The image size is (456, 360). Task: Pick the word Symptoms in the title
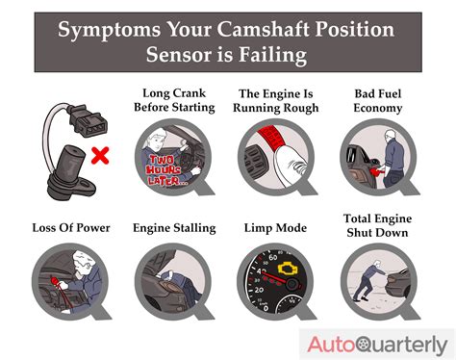(x=105, y=29)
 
